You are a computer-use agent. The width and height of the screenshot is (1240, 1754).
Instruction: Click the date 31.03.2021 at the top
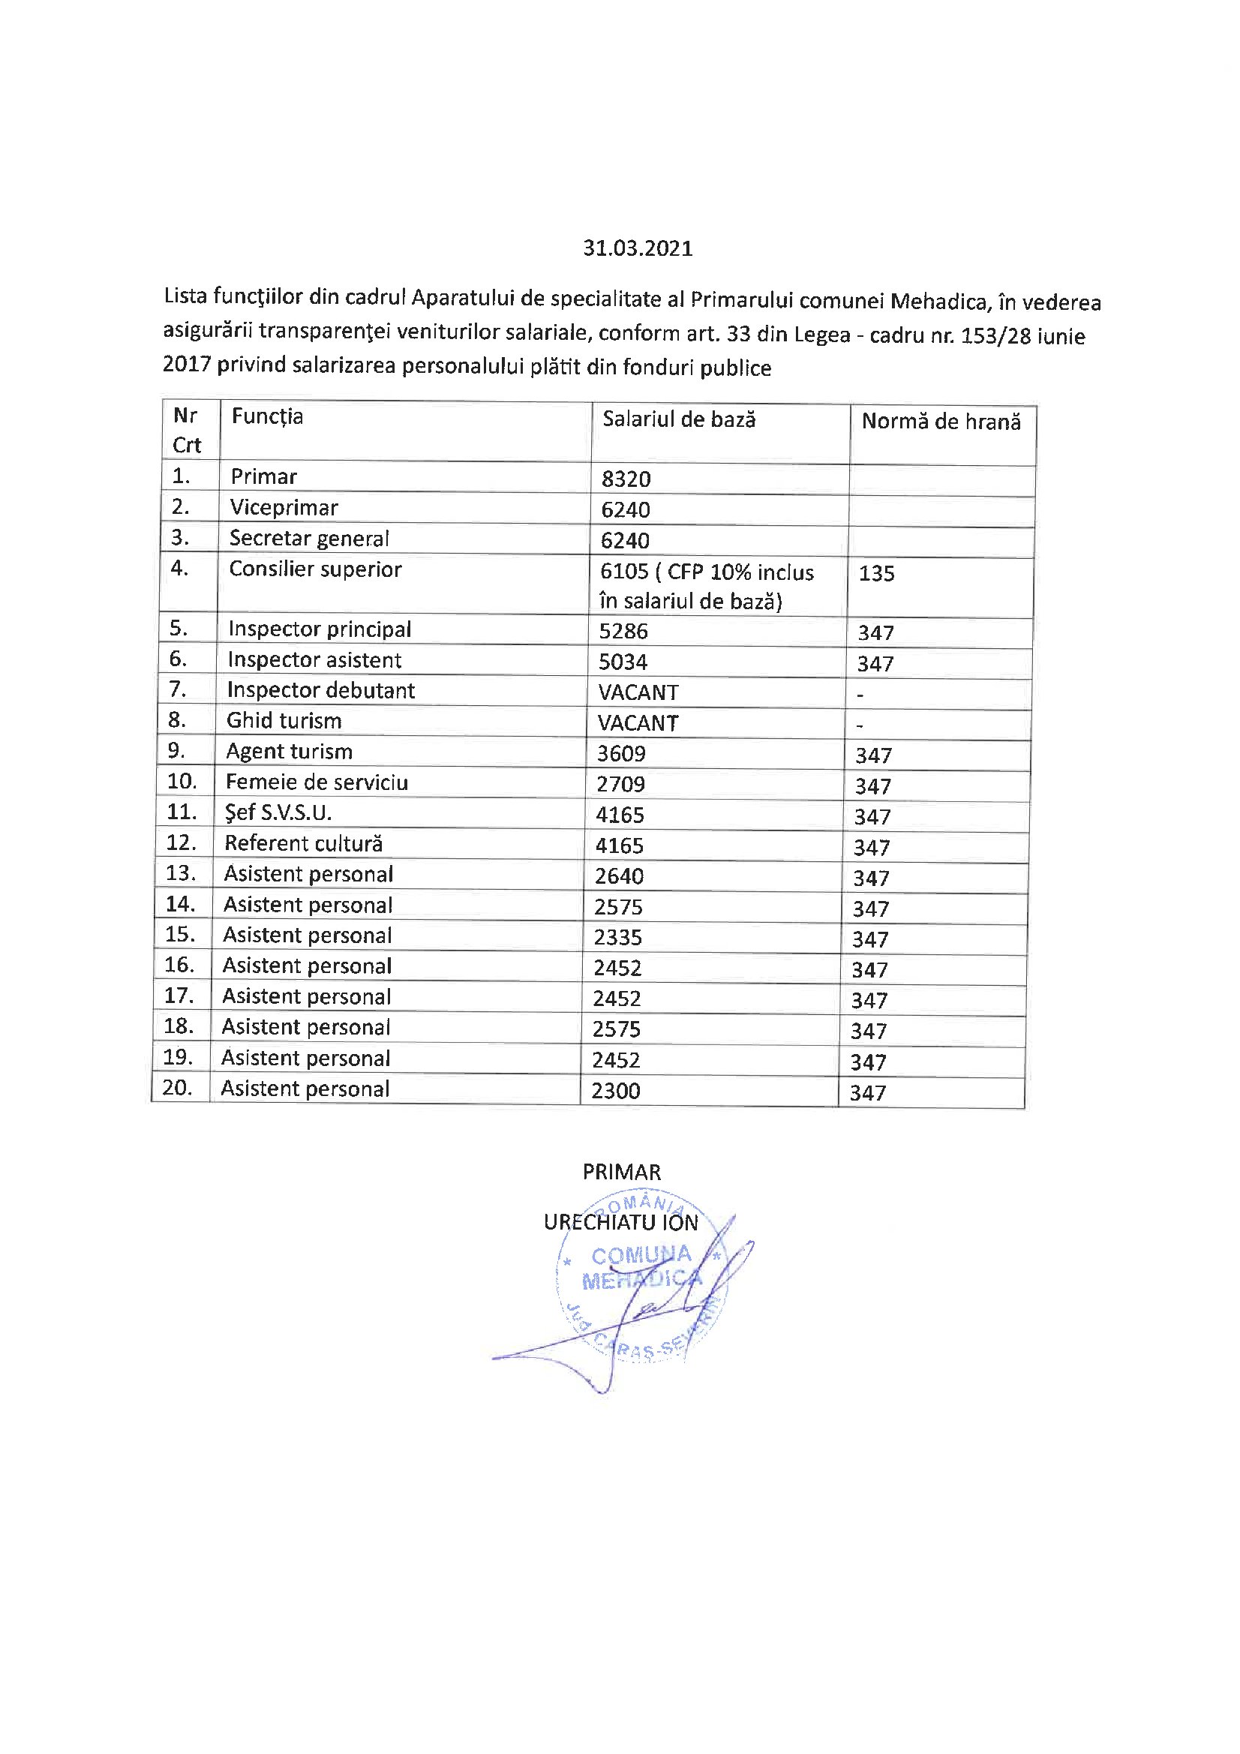point(637,248)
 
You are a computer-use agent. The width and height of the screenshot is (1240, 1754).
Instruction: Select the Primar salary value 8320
point(626,479)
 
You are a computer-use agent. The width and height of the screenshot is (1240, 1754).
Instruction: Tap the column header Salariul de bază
point(678,419)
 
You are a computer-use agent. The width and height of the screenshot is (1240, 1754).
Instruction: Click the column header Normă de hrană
point(941,422)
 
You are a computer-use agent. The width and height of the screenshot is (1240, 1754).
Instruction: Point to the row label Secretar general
point(308,539)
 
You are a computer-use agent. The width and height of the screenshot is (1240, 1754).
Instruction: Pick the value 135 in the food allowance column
point(875,573)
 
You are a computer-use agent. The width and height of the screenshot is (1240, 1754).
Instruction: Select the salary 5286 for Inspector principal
point(623,631)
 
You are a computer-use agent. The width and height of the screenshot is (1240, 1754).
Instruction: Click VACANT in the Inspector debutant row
point(638,692)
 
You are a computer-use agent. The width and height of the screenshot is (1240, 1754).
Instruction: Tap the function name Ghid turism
point(284,720)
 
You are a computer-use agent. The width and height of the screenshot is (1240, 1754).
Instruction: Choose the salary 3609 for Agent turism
point(621,753)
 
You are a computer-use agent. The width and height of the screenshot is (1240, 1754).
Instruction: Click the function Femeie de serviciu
point(317,782)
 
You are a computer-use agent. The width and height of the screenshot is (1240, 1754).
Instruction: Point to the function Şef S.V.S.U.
point(278,812)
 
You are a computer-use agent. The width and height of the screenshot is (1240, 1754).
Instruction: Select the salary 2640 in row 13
point(619,875)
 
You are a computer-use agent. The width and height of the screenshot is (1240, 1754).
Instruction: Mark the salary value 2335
point(617,937)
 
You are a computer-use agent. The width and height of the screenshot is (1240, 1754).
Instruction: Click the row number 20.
point(176,1087)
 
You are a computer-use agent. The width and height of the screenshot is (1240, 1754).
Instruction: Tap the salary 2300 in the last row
point(615,1090)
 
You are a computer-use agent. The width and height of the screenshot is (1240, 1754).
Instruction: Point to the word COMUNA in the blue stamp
point(641,1255)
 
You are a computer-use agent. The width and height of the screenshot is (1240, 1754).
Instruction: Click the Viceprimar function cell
point(284,508)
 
